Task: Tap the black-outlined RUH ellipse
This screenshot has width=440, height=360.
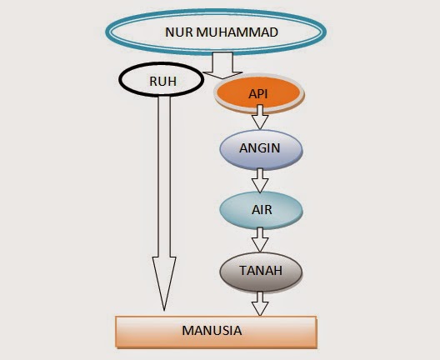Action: (162, 82)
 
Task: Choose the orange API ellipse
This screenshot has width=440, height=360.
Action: (259, 94)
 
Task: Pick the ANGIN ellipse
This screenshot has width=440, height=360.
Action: (260, 148)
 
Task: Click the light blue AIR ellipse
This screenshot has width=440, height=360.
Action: (260, 207)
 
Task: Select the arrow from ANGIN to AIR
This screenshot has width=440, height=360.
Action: (260, 179)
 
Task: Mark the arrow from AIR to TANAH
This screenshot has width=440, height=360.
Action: (260, 240)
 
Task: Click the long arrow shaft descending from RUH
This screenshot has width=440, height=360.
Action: (164, 183)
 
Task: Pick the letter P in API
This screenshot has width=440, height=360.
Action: (259, 94)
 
